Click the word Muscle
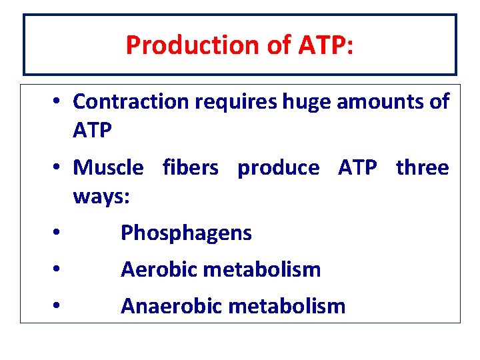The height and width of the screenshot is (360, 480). click(x=108, y=167)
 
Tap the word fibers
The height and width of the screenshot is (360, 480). click(x=190, y=167)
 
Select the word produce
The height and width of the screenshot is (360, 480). click(x=278, y=167)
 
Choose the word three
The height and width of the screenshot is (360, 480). click(x=422, y=167)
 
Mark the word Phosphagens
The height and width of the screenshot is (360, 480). click(x=186, y=233)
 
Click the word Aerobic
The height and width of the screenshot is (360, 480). click(x=159, y=270)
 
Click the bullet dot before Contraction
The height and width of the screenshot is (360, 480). click(x=59, y=101)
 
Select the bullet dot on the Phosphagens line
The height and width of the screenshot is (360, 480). click(x=59, y=233)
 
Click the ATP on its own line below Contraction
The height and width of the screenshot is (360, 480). click(x=92, y=131)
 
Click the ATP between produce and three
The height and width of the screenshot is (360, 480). click(x=357, y=167)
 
